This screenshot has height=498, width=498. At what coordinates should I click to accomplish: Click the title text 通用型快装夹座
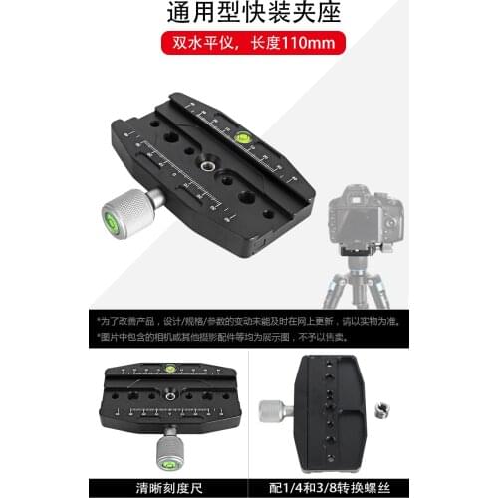pyautogui.click(x=248, y=14)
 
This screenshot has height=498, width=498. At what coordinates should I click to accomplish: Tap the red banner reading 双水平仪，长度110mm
pyautogui.click(x=248, y=45)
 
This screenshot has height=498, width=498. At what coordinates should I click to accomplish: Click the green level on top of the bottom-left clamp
pyautogui.click(x=170, y=368)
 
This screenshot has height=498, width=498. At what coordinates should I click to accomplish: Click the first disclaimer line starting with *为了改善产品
pyautogui.click(x=248, y=321)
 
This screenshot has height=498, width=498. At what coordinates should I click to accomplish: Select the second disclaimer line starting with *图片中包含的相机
pyautogui.click(x=248, y=337)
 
